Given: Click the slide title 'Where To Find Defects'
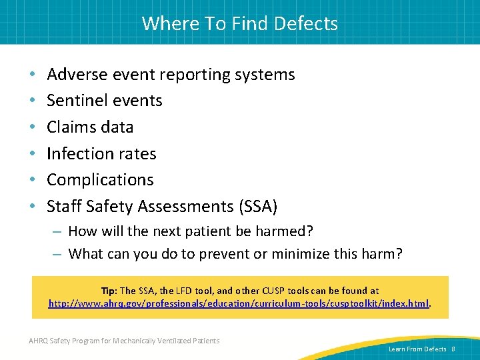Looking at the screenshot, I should tap(239, 23).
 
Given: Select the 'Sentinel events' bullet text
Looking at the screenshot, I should tap(105, 101).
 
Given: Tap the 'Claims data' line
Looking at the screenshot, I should tap(90, 127).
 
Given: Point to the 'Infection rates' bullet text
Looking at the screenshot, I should tap(101, 153).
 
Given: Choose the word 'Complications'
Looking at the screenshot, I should tap(100, 180).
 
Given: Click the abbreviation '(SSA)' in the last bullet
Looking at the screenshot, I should tap(257, 207).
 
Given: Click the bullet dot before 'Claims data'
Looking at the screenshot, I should tap(33, 127).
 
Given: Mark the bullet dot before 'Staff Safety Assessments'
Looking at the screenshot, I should tap(33, 207).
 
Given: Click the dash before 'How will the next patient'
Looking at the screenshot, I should tap(57, 232).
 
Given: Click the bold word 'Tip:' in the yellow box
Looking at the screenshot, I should tap(109, 291).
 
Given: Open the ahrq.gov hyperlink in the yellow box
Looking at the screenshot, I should tap(239, 303).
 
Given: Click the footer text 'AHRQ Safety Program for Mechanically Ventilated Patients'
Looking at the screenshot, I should tap(125, 341).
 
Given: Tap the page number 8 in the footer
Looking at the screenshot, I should tap(453, 349).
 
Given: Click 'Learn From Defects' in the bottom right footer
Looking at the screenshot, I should tap(417, 349).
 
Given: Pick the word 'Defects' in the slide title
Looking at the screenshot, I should tap(307, 23).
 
